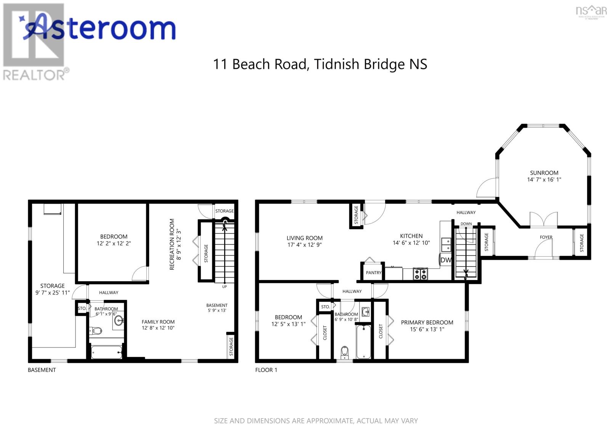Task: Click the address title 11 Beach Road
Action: point(319,64)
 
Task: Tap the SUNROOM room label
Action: point(544,173)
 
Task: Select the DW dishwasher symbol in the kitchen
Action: point(446,260)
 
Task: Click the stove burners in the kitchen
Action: point(421,274)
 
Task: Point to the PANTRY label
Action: point(374,273)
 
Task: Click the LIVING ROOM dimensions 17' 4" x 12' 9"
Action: point(305,245)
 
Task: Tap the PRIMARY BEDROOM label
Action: point(427,322)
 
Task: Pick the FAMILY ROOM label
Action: point(158,322)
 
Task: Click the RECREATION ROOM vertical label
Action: point(172,244)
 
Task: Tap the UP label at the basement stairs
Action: point(225,287)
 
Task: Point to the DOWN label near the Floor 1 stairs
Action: point(466,224)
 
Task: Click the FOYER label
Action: point(546,237)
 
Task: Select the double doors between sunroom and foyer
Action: point(544,221)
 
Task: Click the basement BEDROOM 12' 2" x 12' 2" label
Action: point(114,240)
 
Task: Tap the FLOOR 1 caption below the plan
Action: point(266,370)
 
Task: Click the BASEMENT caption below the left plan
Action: point(42,370)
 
